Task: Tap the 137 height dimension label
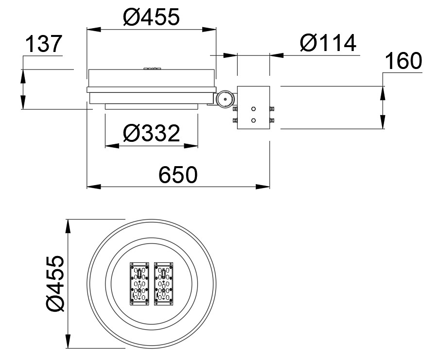pos(43,44)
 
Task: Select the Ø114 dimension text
pos(328,43)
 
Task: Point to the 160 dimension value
pos(403,60)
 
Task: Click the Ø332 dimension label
pos(151,133)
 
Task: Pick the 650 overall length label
pos(178,175)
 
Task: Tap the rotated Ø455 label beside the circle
pos(55,283)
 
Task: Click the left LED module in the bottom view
pos(140,284)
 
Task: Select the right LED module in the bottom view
pos(164,284)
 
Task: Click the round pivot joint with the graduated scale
pos(226,99)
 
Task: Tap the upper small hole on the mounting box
pos(253,109)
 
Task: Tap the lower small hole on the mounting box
pos(253,120)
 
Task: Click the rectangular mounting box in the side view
pos(253,107)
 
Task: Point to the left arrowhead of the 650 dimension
pos(94,187)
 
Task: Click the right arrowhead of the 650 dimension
pos(263,187)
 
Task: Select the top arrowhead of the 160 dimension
pos(383,93)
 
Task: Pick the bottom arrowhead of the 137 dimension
pos(23,102)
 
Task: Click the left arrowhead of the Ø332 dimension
pos(112,146)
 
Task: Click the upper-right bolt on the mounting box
pos(272,109)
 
